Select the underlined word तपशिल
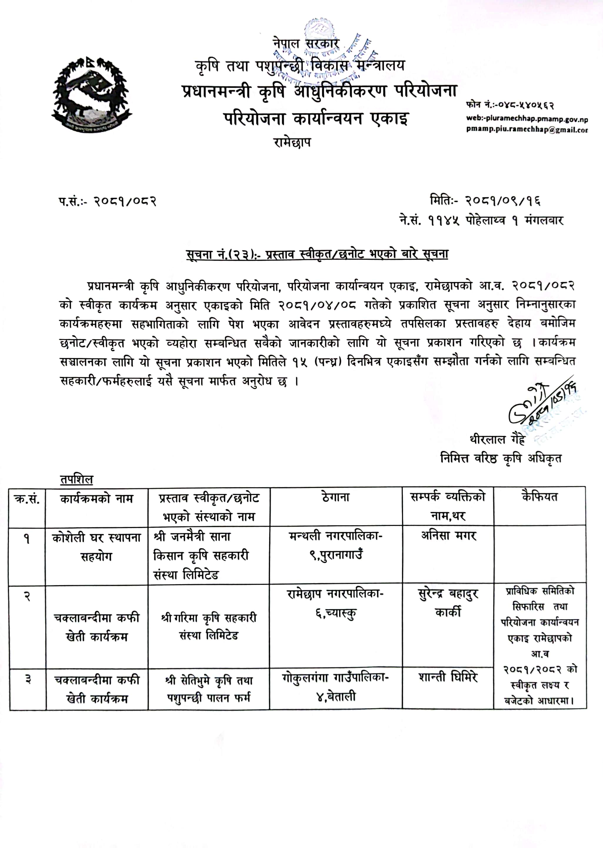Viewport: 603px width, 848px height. [76, 479]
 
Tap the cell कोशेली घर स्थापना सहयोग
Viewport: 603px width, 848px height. [96, 546]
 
